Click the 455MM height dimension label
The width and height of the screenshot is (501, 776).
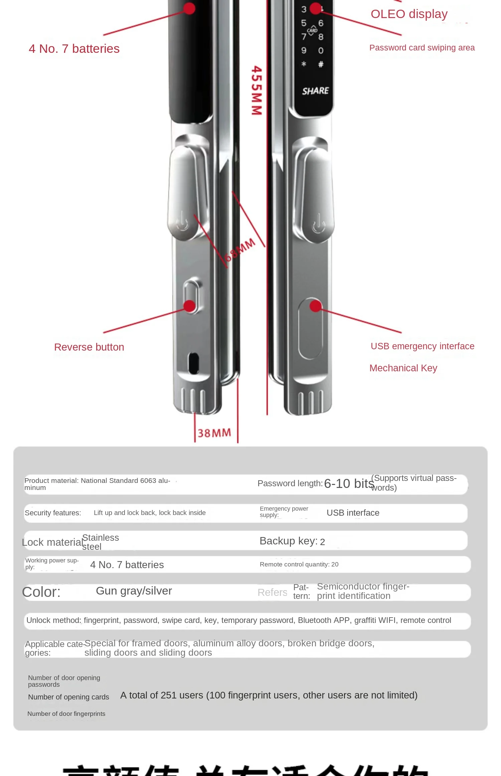click(257, 90)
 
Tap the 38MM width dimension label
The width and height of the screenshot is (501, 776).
click(214, 433)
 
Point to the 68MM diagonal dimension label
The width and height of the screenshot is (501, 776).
click(239, 250)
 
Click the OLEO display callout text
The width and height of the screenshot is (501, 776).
click(409, 14)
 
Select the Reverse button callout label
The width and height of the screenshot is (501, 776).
click(89, 347)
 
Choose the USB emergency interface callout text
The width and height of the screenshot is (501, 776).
click(422, 346)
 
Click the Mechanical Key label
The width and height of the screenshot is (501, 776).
click(403, 368)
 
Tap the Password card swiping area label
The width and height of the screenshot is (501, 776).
click(422, 48)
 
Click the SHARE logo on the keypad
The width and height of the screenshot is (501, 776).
click(315, 91)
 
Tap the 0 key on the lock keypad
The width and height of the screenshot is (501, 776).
click(321, 50)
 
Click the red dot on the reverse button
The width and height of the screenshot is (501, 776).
click(190, 305)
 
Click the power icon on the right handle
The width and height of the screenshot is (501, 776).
click(318, 224)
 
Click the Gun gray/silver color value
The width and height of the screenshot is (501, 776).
click(134, 591)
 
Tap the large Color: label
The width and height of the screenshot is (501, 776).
click(41, 592)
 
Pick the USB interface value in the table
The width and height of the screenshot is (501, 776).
click(353, 513)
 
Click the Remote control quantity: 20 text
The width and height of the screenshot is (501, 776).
click(299, 564)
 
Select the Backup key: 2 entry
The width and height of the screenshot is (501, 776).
click(292, 541)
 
